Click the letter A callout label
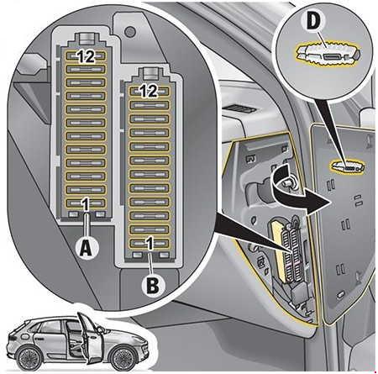coord(87,248)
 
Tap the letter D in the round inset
coord(313,21)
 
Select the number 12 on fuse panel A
coord(86,56)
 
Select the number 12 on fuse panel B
coord(149,91)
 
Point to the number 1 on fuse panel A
coord(86,203)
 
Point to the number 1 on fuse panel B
coord(150,243)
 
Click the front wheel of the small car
coord(123,357)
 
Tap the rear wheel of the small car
coord(28,357)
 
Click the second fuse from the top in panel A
coord(86,69)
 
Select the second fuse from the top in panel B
coord(150,105)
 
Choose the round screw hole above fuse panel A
coord(130,32)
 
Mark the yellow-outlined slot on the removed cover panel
coord(348,166)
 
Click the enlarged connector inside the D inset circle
coord(328,55)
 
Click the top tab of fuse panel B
coord(150,73)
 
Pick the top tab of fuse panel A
coord(87,39)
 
